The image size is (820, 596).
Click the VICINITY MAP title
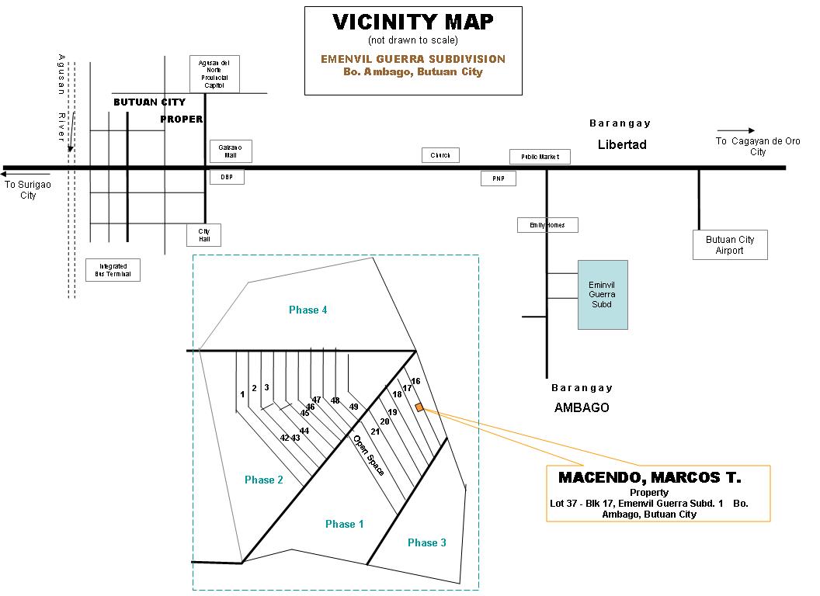coord(412,22)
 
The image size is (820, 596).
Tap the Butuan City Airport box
coord(729,245)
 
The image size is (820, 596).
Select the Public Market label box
coord(540,157)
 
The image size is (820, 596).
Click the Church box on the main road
coord(440,155)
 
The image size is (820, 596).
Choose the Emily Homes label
coord(547,225)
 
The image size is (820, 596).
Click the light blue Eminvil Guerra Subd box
coord(602,294)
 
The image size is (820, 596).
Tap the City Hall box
coord(204,235)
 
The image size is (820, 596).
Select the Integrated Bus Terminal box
coord(113,270)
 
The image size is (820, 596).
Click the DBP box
coord(227,177)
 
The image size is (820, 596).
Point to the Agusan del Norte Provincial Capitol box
coord(214,74)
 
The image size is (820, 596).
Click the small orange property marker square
coord(419,407)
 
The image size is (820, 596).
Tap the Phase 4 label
coord(307,310)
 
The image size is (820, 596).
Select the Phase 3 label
coord(426,542)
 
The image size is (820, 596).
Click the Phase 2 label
coord(263,480)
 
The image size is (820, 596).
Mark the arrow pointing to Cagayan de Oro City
coord(735,130)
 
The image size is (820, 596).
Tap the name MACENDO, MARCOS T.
coord(649,477)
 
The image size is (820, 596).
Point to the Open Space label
coord(368,454)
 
